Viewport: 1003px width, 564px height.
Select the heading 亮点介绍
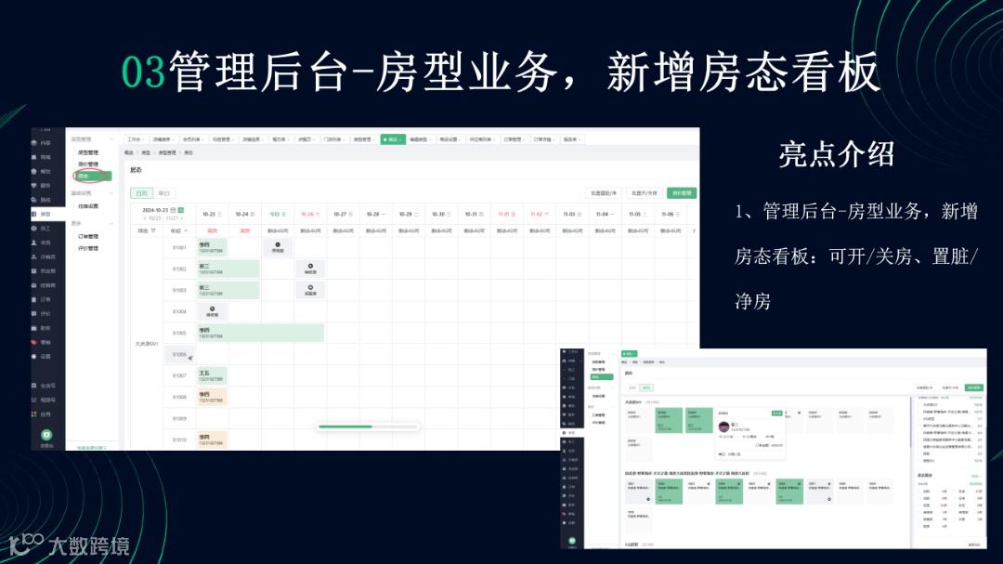(x=837, y=154)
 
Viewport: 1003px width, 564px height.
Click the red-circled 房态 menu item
(x=85, y=176)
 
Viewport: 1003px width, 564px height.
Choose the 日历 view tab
(x=141, y=193)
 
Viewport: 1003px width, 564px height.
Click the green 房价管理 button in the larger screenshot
(x=681, y=193)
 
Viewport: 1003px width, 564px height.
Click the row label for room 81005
(x=179, y=333)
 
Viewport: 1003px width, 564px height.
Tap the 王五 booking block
(x=212, y=375)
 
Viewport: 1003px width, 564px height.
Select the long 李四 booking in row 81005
(x=260, y=333)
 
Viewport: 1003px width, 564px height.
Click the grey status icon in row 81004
(x=212, y=311)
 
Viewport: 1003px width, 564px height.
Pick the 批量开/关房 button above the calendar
(x=645, y=193)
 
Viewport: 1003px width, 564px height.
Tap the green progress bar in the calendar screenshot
(x=345, y=426)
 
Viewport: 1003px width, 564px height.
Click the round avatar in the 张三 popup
(x=723, y=426)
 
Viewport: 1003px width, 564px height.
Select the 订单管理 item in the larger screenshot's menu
(x=88, y=236)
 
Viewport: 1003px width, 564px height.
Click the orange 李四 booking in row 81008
(x=212, y=397)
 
